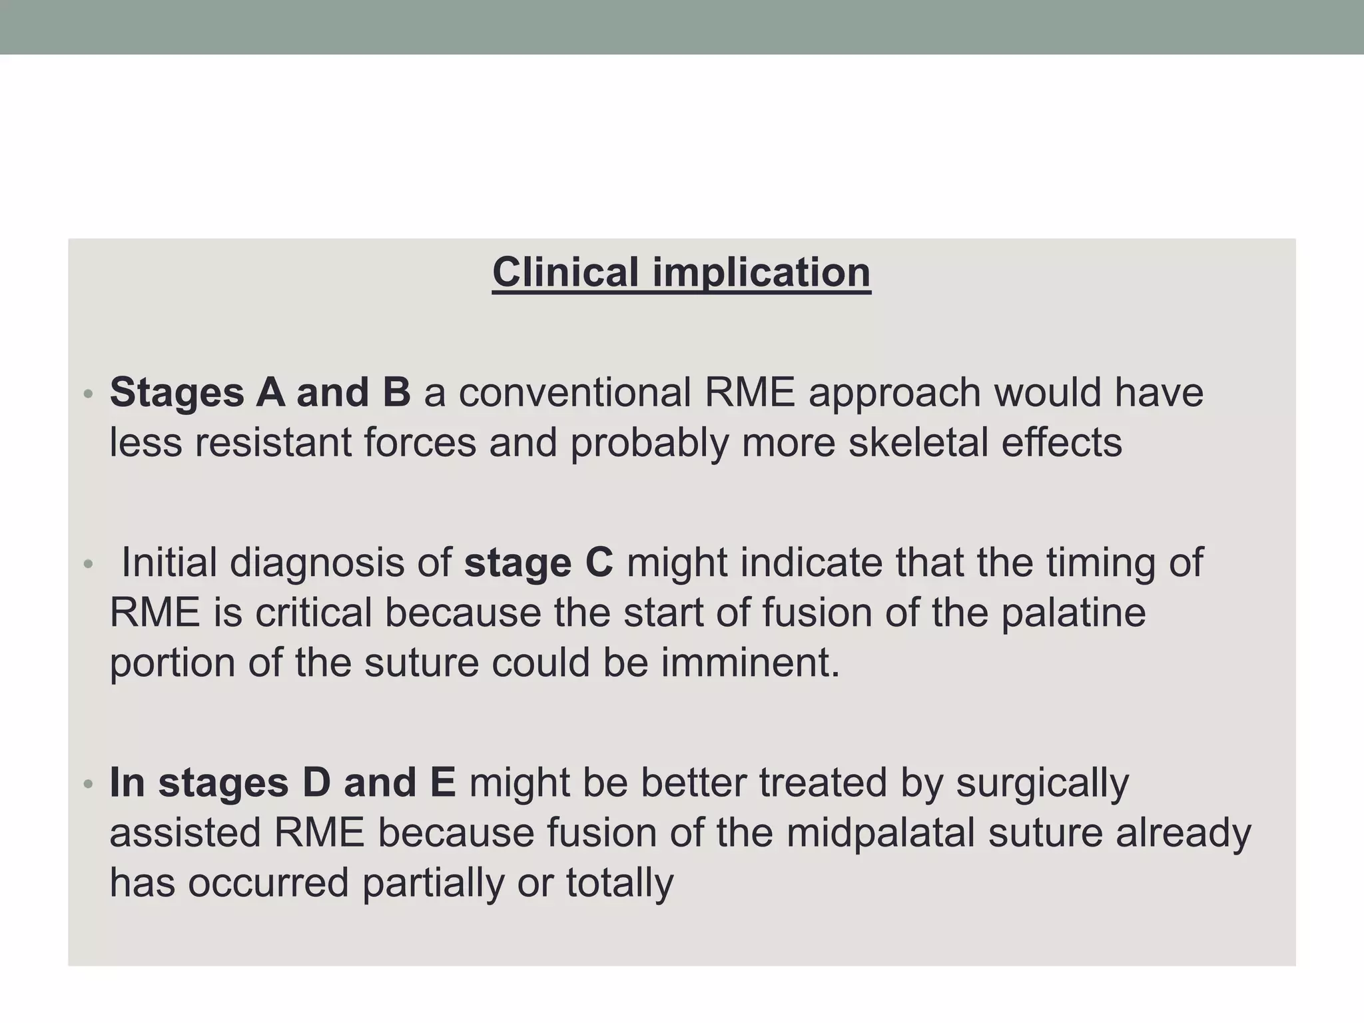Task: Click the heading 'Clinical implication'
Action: [681, 273]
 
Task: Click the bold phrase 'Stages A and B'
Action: [260, 392]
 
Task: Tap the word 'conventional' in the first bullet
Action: [574, 392]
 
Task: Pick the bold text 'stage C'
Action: [538, 563]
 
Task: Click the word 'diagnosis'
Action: [317, 563]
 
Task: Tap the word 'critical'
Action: [313, 613]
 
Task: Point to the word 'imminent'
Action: [750, 663]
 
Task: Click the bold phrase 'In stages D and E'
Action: [282, 783]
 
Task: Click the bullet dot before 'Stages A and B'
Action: [88, 395]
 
